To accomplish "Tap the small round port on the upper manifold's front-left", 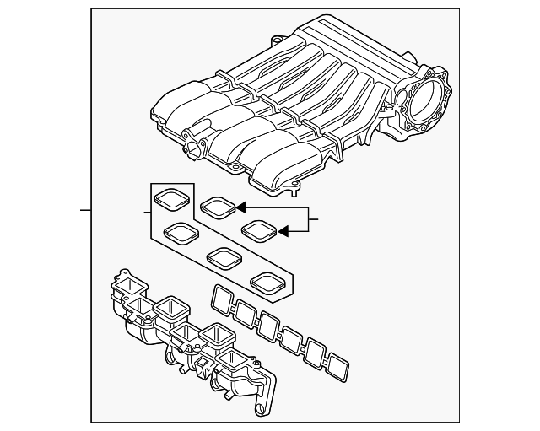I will click(x=194, y=146).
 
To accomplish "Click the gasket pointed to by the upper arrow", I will click(x=218, y=205).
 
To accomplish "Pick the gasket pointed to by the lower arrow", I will click(x=258, y=229).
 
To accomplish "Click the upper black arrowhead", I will click(x=240, y=206).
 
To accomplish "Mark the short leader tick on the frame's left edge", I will click(x=84, y=208).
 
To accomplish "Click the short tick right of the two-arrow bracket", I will click(x=314, y=221).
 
